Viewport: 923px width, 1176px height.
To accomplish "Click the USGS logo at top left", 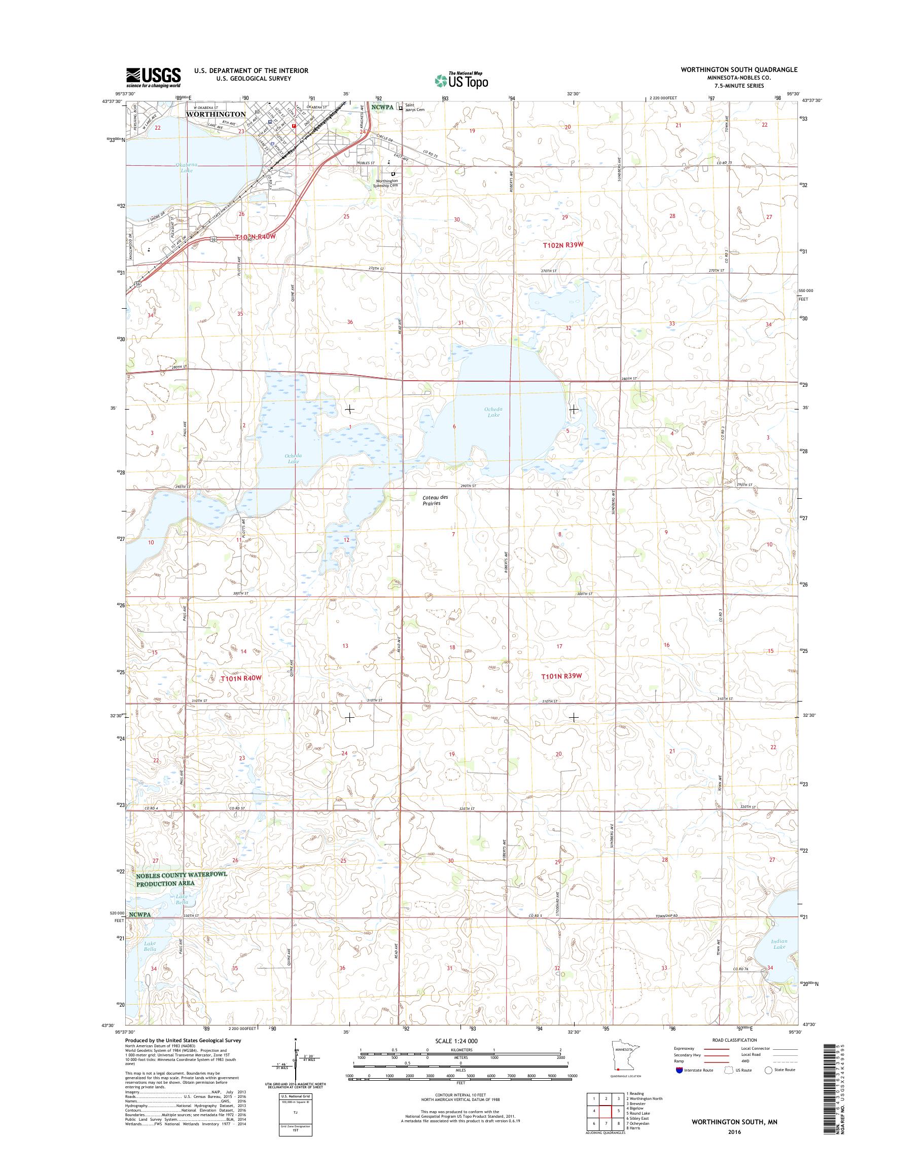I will tap(154, 77).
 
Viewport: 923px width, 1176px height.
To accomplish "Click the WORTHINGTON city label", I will tap(215, 115).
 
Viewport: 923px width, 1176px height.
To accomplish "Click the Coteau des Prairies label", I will tap(432, 500).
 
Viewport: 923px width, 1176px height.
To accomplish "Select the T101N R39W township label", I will tap(561, 676).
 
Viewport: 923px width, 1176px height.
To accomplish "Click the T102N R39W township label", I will tap(563, 245).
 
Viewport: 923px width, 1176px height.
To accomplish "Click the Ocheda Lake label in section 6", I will tap(492, 412).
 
